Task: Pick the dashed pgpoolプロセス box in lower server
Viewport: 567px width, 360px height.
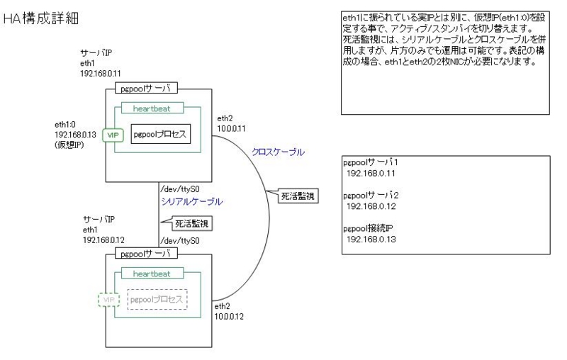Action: [x=157, y=299]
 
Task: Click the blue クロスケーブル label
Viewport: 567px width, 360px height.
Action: [x=276, y=151]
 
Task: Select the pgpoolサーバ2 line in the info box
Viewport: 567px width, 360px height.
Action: [x=371, y=195]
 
